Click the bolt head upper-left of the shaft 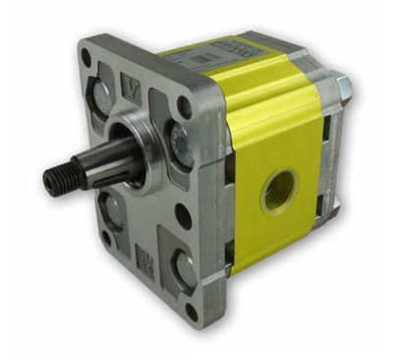(x=102, y=94)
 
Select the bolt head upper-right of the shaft (x=181, y=142)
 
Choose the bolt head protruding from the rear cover (x=345, y=88)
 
